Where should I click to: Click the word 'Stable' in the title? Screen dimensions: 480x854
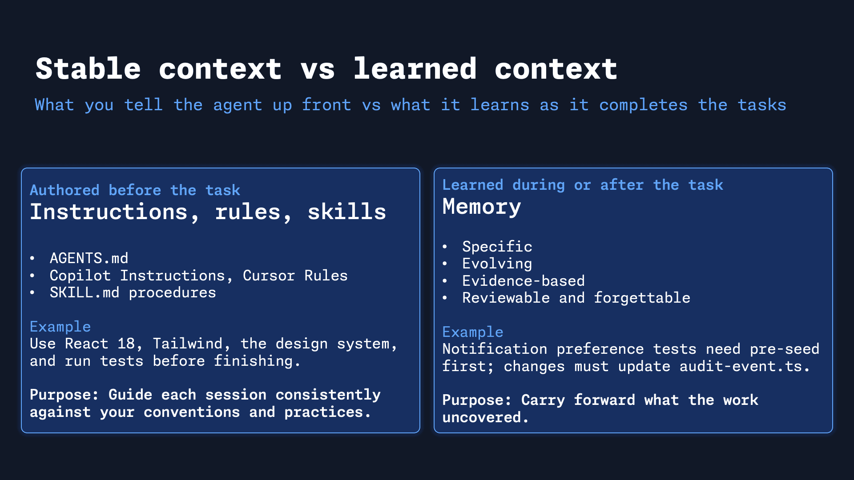(x=88, y=69)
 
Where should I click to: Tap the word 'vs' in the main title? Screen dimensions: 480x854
(x=318, y=69)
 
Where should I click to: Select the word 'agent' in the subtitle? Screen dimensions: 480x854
(x=238, y=105)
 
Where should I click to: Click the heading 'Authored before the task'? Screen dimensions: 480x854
(x=135, y=190)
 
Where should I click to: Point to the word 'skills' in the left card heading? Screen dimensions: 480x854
(x=347, y=212)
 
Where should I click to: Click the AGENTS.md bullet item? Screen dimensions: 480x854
(x=89, y=258)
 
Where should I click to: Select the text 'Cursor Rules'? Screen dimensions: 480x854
(x=295, y=276)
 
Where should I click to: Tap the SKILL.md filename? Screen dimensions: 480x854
(x=85, y=292)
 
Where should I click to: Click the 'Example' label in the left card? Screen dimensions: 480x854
(x=60, y=327)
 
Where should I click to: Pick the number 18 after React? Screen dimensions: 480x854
(x=126, y=344)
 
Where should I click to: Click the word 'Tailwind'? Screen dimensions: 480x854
(x=187, y=344)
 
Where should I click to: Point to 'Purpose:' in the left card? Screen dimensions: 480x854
(x=64, y=395)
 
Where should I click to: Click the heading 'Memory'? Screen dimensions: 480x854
(x=481, y=207)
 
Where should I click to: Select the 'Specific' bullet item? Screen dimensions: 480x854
(x=497, y=247)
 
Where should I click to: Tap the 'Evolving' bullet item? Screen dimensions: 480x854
(x=497, y=264)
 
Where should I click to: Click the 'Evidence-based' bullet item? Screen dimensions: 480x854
(x=523, y=281)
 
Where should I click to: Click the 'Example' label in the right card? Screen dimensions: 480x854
(x=472, y=332)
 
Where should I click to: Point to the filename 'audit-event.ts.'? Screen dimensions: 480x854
(x=744, y=366)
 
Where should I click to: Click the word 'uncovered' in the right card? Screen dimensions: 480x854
(x=481, y=417)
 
